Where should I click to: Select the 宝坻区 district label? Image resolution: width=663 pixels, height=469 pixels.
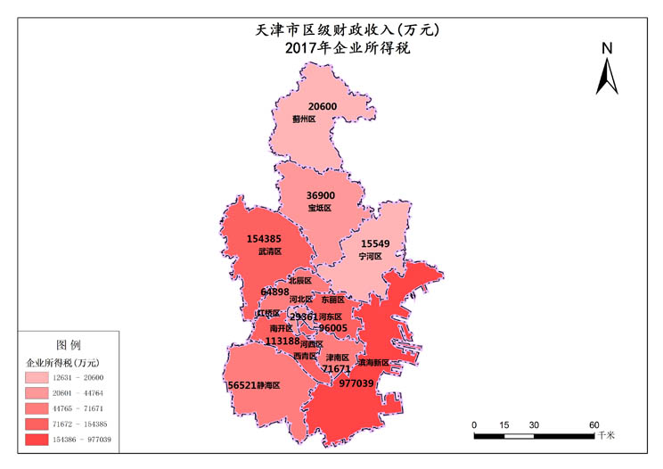[x=319, y=208]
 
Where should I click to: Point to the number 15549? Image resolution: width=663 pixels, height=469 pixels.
[x=375, y=243]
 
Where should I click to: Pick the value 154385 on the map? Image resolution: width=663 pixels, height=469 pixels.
[x=265, y=239]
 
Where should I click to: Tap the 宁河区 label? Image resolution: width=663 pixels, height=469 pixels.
[x=370, y=256]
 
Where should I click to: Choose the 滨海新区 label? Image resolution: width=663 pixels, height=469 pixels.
[x=373, y=363]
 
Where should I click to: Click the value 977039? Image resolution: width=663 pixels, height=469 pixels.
[x=356, y=383]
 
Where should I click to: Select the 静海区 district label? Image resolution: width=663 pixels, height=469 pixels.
[x=269, y=386]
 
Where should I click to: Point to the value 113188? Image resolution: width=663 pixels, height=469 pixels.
[x=282, y=341]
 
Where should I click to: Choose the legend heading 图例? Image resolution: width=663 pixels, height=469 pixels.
[x=69, y=344]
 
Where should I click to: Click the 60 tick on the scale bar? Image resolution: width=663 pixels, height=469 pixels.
[x=593, y=424]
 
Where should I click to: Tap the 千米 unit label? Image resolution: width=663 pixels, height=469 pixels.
[x=607, y=435]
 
